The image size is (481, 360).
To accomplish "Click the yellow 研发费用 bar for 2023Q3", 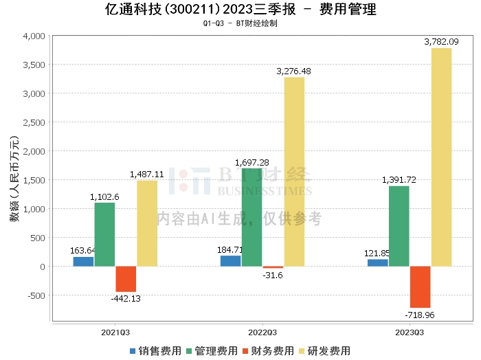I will click(x=441, y=157).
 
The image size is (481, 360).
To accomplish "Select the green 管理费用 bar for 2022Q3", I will click(x=251, y=217).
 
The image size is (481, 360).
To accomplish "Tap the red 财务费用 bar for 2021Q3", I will click(x=126, y=279).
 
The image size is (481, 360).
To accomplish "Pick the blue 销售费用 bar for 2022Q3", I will click(x=230, y=261).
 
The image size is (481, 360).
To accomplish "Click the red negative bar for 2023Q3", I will click(x=420, y=287).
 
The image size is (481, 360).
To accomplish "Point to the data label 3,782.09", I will click(x=442, y=42).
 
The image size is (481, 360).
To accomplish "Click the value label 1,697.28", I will click(x=252, y=162).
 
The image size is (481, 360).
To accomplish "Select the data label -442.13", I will click(x=126, y=298).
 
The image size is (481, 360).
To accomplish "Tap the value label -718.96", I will click(x=421, y=315).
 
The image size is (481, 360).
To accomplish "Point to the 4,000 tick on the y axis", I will click(x=34, y=36).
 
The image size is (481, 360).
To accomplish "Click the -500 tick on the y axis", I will click(x=36, y=295).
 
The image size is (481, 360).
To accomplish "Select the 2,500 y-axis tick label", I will click(x=34, y=122).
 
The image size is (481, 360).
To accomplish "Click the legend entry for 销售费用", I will click(x=155, y=350).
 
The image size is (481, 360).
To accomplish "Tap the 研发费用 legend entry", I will click(x=324, y=350).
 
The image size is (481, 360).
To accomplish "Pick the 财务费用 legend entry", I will click(x=268, y=350).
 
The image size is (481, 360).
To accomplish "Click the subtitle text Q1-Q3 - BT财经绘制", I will click(x=240, y=23).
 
